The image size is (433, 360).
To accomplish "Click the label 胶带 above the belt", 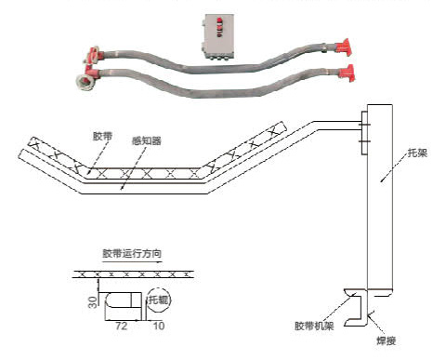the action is tap(102, 136).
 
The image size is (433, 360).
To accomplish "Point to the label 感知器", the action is tap(147, 141).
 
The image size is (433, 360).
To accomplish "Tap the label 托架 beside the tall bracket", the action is tap(417, 153).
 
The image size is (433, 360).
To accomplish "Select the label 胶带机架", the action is tap(314, 326).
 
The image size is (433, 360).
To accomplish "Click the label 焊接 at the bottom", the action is tap(387, 341).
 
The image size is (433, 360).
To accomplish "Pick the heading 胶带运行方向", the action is tap(132, 254).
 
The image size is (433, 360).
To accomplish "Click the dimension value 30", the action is tap(93, 302).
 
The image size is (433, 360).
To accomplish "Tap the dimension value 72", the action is tap(121, 326).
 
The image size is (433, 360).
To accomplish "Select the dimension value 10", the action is tap(159, 326).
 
